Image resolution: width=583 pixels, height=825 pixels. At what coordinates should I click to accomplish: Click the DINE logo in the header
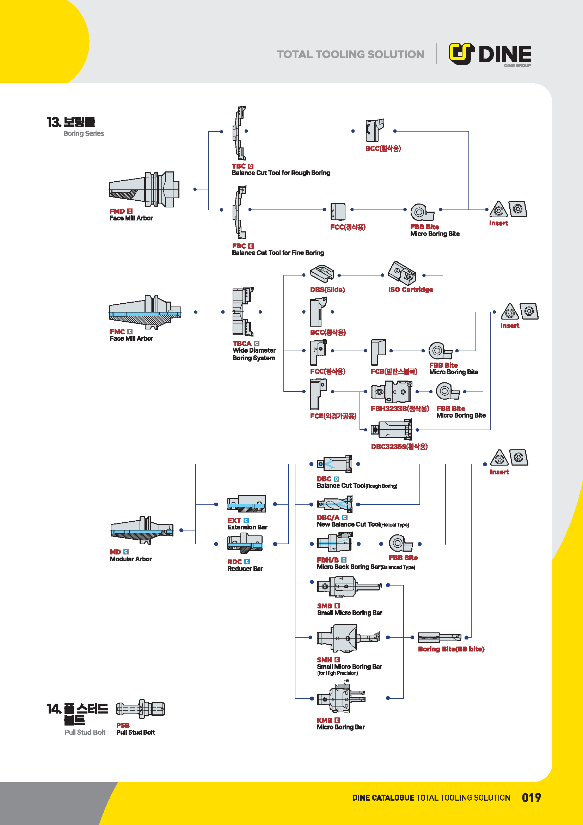[490, 54]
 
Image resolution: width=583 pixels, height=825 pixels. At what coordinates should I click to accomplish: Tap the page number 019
[531, 798]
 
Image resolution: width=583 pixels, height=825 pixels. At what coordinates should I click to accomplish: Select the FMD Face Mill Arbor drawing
[144, 189]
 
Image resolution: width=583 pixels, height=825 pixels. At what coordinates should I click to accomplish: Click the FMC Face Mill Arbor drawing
[145, 312]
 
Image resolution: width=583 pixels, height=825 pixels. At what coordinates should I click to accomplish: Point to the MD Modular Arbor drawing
[142, 530]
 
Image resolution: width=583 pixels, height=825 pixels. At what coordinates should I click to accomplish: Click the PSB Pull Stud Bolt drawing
[140, 709]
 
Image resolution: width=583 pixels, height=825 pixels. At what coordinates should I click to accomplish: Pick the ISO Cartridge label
[410, 290]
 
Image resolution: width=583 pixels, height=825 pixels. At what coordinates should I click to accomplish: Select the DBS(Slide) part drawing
[322, 274]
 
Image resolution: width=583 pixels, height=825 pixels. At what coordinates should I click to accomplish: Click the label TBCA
[242, 344]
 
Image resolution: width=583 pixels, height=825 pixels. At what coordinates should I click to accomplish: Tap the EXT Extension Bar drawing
[246, 504]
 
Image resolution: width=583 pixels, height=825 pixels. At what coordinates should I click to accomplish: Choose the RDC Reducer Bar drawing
[245, 543]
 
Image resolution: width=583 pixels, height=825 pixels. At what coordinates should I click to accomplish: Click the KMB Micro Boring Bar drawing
[341, 698]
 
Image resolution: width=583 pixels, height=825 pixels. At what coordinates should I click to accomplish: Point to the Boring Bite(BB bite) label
[451, 649]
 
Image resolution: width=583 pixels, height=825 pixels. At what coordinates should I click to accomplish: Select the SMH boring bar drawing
[348, 638]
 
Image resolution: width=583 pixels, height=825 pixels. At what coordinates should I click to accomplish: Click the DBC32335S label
[399, 447]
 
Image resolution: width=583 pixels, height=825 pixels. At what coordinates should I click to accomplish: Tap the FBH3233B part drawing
[391, 392]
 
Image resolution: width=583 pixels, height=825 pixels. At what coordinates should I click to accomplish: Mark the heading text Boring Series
[84, 133]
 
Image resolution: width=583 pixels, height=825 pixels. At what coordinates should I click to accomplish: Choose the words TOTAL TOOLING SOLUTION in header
[350, 54]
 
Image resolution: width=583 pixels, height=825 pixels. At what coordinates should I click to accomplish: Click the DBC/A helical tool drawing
[335, 504]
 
